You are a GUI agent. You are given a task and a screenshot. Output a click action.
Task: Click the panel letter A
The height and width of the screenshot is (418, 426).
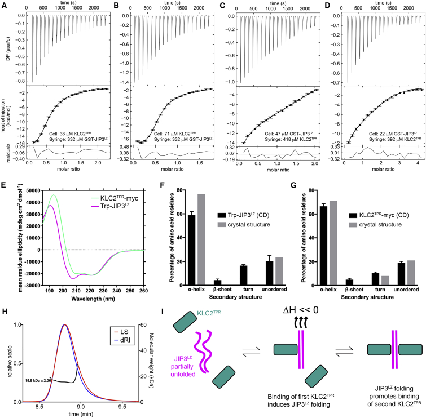click(5, 5)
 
